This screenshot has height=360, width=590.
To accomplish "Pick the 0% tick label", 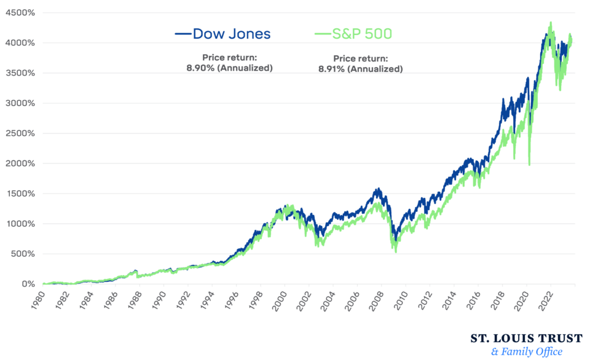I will (28, 284).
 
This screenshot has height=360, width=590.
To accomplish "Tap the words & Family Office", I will (527, 352).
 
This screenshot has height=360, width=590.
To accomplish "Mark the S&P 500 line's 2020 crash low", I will (529, 164).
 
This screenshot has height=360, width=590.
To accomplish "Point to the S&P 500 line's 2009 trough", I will (396, 251).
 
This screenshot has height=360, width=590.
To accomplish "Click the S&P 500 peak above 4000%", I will (550, 23).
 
